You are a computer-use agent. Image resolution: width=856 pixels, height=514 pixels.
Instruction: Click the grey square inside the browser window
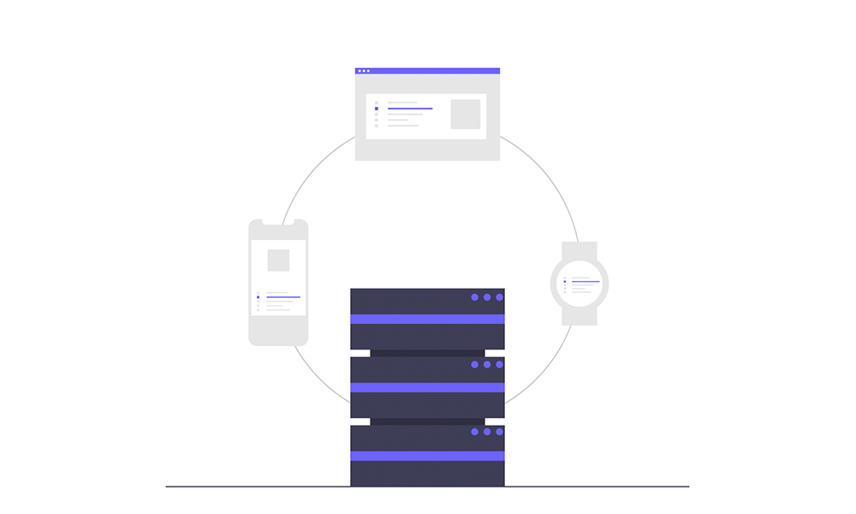pyautogui.click(x=466, y=114)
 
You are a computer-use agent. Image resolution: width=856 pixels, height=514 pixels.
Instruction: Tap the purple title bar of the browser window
pyautogui.click(x=428, y=70)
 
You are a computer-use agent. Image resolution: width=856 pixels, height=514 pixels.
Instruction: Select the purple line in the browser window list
pyautogui.click(x=410, y=109)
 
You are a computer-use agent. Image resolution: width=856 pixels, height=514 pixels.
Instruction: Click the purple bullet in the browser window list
pyautogui.click(x=377, y=109)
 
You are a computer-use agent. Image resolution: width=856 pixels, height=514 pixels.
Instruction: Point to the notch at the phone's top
pyautogui.click(x=278, y=222)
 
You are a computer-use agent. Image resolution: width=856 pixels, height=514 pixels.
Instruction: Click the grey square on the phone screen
pyautogui.click(x=278, y=260)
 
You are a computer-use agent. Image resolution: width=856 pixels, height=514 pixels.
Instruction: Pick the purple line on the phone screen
pyautogui.click(x=283, y=297)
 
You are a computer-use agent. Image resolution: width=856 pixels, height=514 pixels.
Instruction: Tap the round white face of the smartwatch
pyautogui.click(x=580, y=284)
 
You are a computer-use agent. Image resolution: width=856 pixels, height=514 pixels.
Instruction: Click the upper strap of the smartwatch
pyautogui.click(x=580, y=249)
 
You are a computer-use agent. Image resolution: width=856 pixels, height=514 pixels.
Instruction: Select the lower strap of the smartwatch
pyautogui.click(x=580, y=316)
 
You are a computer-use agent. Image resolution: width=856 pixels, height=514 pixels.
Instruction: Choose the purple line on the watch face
pyautogui.click(x=586, y=282)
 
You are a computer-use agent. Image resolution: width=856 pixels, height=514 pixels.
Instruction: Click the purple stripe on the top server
pyautogui.click(x=427, y=319)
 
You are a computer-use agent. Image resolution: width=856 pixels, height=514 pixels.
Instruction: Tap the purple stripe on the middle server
pyautogui.click(x=427, y=387)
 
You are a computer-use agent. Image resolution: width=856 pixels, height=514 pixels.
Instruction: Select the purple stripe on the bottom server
pyautogui.click(x=427, y=456)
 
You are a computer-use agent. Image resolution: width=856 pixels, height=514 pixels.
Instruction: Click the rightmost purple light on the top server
pyautogui.click(x=499, y=297)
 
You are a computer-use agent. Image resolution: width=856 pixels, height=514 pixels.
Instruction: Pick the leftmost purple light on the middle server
pyautogui.click(x=475, y=364)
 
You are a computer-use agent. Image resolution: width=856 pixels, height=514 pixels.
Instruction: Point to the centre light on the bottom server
pyautogui.click(x=487, y=432)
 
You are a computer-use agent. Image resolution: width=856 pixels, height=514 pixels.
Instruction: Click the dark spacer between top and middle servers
pyautogui.click(x=427, y=353)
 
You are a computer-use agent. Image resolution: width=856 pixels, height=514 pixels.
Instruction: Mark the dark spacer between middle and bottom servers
pyautogui.click(x=427, y=421)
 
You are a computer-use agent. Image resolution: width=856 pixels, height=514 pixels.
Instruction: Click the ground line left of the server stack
pyautogui.click(x=257, y=487)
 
